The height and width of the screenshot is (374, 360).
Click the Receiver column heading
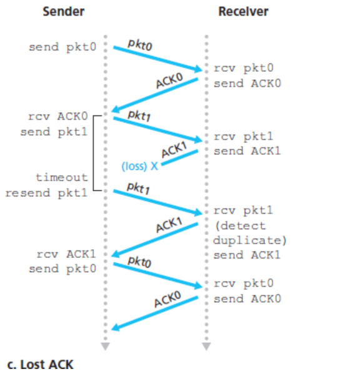(242, 11)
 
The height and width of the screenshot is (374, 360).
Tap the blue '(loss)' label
(134, 167)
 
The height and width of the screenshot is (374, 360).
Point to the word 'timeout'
(61, 177)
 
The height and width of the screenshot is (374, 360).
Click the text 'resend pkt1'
(46, 192)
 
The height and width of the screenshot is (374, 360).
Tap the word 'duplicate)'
(249, 240)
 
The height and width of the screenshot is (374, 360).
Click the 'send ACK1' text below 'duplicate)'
(247, 255)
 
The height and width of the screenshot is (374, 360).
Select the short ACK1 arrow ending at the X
(179, 158)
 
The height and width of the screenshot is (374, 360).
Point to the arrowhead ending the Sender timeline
(105, 346)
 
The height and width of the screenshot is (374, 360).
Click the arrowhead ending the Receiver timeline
(206, 346)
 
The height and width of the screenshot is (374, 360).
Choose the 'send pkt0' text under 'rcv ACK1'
(61, 269)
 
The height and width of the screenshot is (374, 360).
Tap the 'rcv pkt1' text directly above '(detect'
(239, 210)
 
